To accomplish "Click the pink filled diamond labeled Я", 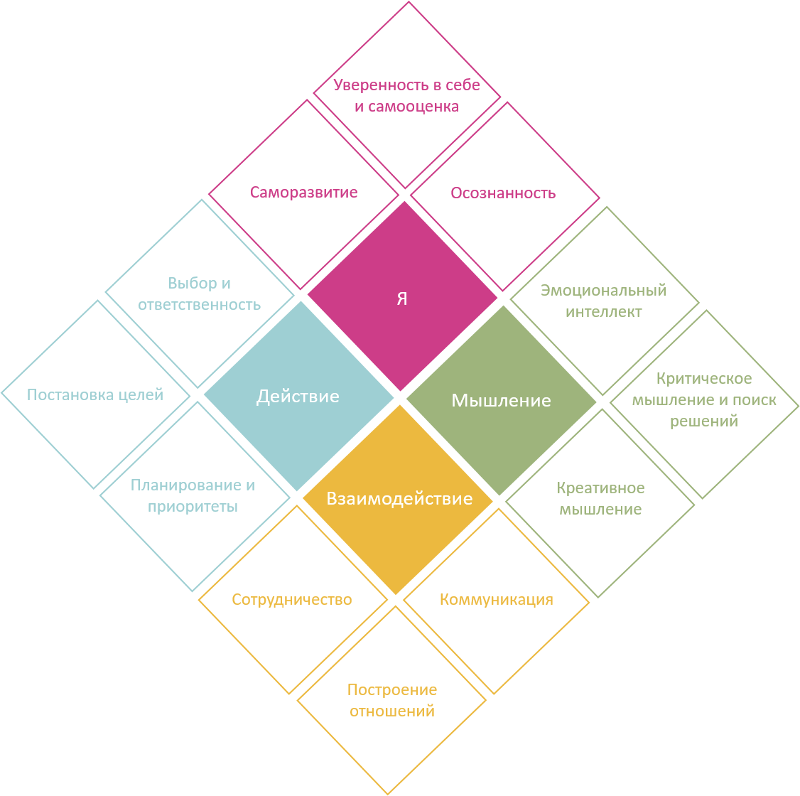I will (x=402, y=298).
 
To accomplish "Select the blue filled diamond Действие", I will (x=298, y=396).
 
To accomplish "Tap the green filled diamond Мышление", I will (x=501, y=400).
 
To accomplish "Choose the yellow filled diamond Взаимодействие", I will (x=399, y=498).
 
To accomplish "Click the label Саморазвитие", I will (x=303, y=193).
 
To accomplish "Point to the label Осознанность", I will (x=503, y=193).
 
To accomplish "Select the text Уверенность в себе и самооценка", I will (x=407, y=96).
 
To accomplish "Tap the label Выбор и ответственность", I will (x=200, y=294).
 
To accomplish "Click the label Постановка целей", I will (x=95, y=394).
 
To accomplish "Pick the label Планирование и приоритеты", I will (x=193, y=496).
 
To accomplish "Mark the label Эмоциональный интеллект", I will (x=603, y=301).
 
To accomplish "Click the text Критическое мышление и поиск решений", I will (x=704, y=400).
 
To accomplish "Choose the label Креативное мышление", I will (x=600, y=499).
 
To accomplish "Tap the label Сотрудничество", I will (x=292, y=599).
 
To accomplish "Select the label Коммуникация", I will (x=496, y=599).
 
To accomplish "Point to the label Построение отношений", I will (x=392, y=700).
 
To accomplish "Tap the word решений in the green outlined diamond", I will (x=704, y=421).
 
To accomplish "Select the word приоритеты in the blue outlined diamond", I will (x=193, y=507).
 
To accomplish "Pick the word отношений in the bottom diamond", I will (x=392, y=711).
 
